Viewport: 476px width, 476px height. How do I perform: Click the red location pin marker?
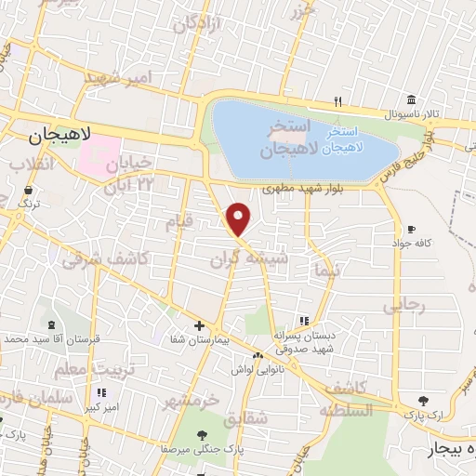point(239,218)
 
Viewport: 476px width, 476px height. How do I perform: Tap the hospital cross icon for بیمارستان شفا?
point(199,325)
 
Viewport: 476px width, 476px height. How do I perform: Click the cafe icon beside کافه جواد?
point(411,229)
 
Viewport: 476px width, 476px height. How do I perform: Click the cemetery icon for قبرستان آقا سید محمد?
point(48,326)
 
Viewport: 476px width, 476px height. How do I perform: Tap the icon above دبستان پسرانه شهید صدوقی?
point(305,321)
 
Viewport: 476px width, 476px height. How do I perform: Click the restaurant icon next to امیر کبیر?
point(101,393)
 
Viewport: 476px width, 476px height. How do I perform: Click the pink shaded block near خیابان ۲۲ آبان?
point(99,153)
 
